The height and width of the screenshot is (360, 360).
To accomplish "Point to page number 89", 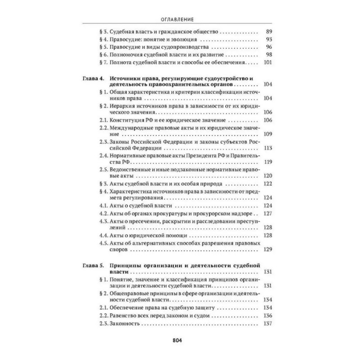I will pyautogui.click(x=269, y=32).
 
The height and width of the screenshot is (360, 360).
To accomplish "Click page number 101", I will pyautogui.click(x=267, y=63).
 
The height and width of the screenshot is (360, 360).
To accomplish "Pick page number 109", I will pyautogui.click(x=267, y=135).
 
